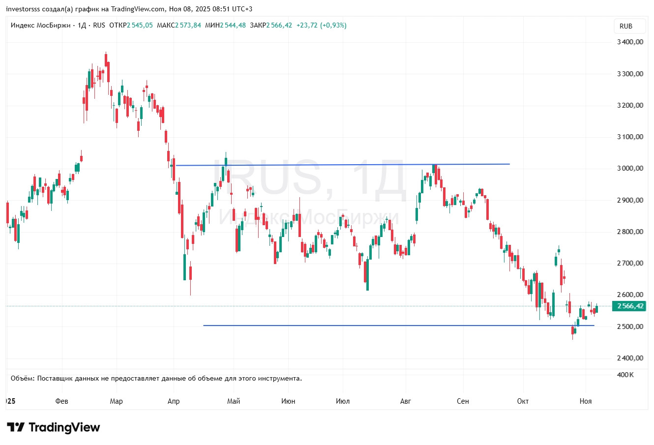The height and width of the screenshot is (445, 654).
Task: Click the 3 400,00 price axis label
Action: tap(630, 42)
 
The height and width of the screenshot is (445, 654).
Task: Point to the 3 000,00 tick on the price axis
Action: tap(630, 168)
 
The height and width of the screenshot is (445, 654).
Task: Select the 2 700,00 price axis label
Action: tap(630, 263)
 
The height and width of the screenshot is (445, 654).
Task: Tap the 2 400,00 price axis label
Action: tap(630, 358)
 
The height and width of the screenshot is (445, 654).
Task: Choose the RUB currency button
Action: tap(626, 26)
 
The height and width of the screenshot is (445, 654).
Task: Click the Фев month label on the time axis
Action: tap(62, 401)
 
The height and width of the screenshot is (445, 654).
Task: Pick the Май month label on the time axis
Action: tap(234, 401)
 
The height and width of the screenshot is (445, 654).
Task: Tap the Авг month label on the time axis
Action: tap(405, 401)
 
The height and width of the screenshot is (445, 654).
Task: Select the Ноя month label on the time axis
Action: tap(586, 401)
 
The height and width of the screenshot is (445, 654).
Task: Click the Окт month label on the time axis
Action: tap(523, 401)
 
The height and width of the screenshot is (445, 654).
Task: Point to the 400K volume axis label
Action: tap(625, 375)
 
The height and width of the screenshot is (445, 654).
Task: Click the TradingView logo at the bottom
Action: tap(53, 427)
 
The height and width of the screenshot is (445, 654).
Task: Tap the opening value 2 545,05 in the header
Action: tap(140, 25)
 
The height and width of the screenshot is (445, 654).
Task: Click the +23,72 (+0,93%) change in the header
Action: tap(321, 25)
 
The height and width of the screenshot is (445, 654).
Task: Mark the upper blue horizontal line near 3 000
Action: tap(344, 165)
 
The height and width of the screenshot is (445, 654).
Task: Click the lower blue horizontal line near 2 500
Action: tap(393, 326)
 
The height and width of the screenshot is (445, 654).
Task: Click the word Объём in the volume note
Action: tap(23, 378)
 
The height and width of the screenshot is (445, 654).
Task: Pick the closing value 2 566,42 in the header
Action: tap(279, 25)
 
